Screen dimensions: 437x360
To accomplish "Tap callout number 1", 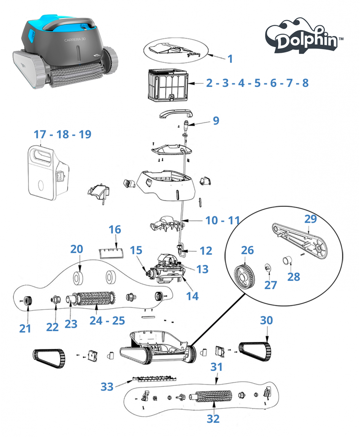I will click(x=230, y=59).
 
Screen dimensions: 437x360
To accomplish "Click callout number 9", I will click(x=216, y=121).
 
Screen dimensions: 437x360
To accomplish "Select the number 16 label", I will click(x=115, y=230).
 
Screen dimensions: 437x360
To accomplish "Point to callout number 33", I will click(x=107, y=387).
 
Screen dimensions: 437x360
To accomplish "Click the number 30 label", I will click(x=266, y=321).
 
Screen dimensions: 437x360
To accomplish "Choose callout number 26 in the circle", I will click(x=247, y=251).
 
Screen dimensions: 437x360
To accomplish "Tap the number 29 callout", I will click(x=311, y=219).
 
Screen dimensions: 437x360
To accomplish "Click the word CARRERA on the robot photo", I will click(x=73, y=39).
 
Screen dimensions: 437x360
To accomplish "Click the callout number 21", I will click(x=25, y=328).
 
